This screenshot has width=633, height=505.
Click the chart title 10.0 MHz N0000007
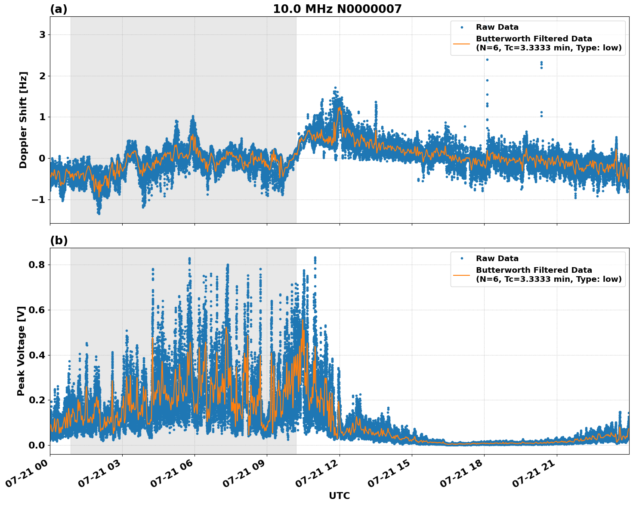point(337,9)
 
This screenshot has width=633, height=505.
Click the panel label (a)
point(59,9)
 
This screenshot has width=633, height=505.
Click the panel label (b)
point(59,240)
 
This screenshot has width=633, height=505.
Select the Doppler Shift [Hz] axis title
point(23,120)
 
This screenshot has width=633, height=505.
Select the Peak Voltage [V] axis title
point(21,351)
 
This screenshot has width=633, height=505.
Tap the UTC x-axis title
point(339,496)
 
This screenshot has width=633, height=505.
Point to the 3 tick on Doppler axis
point(42,35)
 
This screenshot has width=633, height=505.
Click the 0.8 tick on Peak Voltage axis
point(37,265)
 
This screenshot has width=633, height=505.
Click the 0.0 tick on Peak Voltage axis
point(37,445)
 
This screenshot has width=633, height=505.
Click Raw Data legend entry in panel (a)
point(497,27)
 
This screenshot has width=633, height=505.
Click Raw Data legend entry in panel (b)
point(497,259)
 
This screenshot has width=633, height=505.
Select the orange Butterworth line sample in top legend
point(461,44)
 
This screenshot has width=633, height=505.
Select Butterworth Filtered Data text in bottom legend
point(534,270)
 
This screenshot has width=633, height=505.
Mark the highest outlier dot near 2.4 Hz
point(487,59)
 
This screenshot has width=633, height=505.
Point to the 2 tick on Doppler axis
point(42,76)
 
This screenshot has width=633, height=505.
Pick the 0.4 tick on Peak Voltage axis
point(37,355)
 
